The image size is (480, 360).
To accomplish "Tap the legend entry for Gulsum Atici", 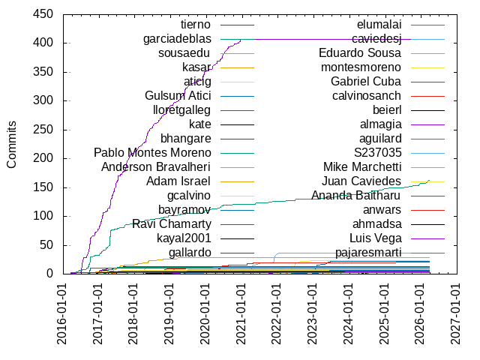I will tap(178, 96).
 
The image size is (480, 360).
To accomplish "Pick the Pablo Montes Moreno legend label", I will tap(152, 153).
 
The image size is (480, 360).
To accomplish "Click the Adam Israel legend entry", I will tap(178, 181).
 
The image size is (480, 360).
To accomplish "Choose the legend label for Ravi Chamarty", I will tap(172, 223).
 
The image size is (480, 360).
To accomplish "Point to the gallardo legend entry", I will tap(190, 252).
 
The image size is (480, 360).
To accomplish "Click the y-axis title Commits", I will tap(12, 144).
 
